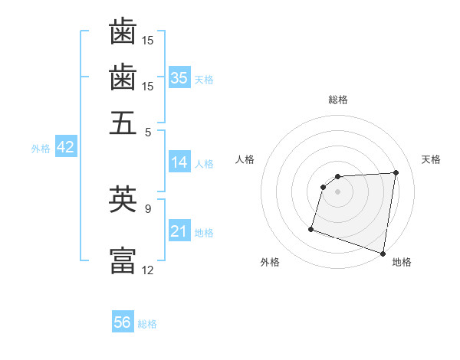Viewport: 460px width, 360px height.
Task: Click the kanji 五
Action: (123, 123)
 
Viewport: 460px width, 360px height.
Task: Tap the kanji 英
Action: (123, 199)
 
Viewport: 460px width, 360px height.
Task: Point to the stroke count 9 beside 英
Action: (148, 207)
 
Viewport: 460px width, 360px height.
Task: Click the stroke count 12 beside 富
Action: (148, 269)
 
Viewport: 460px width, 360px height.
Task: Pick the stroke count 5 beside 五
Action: (148, 131)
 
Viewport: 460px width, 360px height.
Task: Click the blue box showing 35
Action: (179, 77)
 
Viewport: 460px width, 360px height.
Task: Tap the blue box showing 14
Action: (179, 162)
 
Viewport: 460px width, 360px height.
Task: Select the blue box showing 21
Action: (179, 232)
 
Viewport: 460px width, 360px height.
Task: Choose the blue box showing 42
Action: (65, 148)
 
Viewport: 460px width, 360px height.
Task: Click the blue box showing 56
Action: (123, 322)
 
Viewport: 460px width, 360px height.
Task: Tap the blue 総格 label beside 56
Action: (147, 324)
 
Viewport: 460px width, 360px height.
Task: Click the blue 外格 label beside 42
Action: (41, 149)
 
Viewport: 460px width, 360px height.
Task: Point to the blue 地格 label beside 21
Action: (204, 233)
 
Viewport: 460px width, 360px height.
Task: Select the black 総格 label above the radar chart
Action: (338, 100)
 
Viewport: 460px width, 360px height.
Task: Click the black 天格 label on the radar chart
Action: (431, 159)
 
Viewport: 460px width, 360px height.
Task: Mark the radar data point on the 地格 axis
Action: (383, 253)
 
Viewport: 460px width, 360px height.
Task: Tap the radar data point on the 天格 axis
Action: (396, 172)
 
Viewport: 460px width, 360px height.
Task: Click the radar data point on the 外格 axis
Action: (311, 228)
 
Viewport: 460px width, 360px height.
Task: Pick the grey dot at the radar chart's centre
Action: (338, 191)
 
